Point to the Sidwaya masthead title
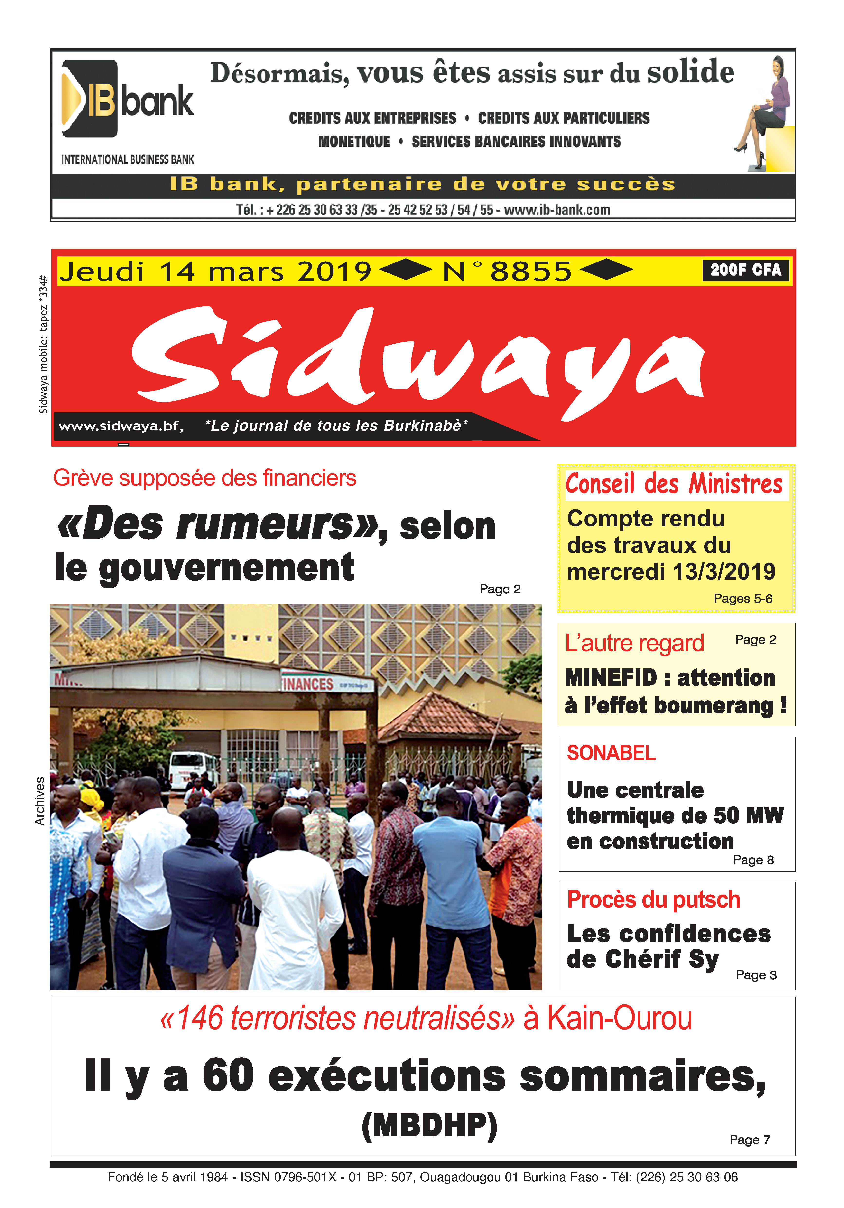click(x=418, y=358)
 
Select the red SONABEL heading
click(x=611, y=753)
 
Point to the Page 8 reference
click(x=753, y=860)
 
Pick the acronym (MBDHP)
click(x=429, y=1126)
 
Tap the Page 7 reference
click(x=749, y=1140)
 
